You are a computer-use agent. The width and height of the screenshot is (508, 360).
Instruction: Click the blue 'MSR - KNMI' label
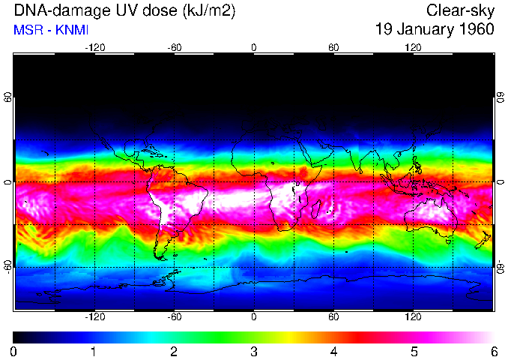[x=48, y=30]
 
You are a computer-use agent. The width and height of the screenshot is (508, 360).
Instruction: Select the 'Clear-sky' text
[x=460, y=10]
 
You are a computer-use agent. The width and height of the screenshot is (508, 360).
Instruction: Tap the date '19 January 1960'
[x=435, y=30]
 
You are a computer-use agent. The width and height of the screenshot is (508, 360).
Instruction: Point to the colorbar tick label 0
[x=13, y=351]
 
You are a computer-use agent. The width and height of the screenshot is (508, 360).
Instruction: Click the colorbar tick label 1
[x=93, y=351]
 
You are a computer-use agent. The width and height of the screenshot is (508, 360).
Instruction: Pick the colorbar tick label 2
[x=173, y=351]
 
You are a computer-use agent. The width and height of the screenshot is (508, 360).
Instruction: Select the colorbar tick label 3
[x=253, y=351]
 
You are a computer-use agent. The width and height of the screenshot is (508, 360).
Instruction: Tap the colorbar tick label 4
[x=333, y=351]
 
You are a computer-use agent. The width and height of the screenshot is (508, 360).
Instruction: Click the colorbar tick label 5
[x=413, y=351]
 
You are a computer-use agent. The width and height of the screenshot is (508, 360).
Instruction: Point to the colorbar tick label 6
[x=493, y=351]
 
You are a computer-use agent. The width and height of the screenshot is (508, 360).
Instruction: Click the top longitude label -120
[x=94, y=47]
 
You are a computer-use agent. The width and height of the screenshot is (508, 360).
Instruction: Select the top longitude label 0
[x=254, y=47]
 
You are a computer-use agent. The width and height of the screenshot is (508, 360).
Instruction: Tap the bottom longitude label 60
[x=333, y=318]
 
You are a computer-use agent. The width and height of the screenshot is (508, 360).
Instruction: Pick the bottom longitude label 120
[x=413, y=318]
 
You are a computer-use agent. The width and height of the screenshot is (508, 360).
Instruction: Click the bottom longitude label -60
[x=174, y=318]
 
